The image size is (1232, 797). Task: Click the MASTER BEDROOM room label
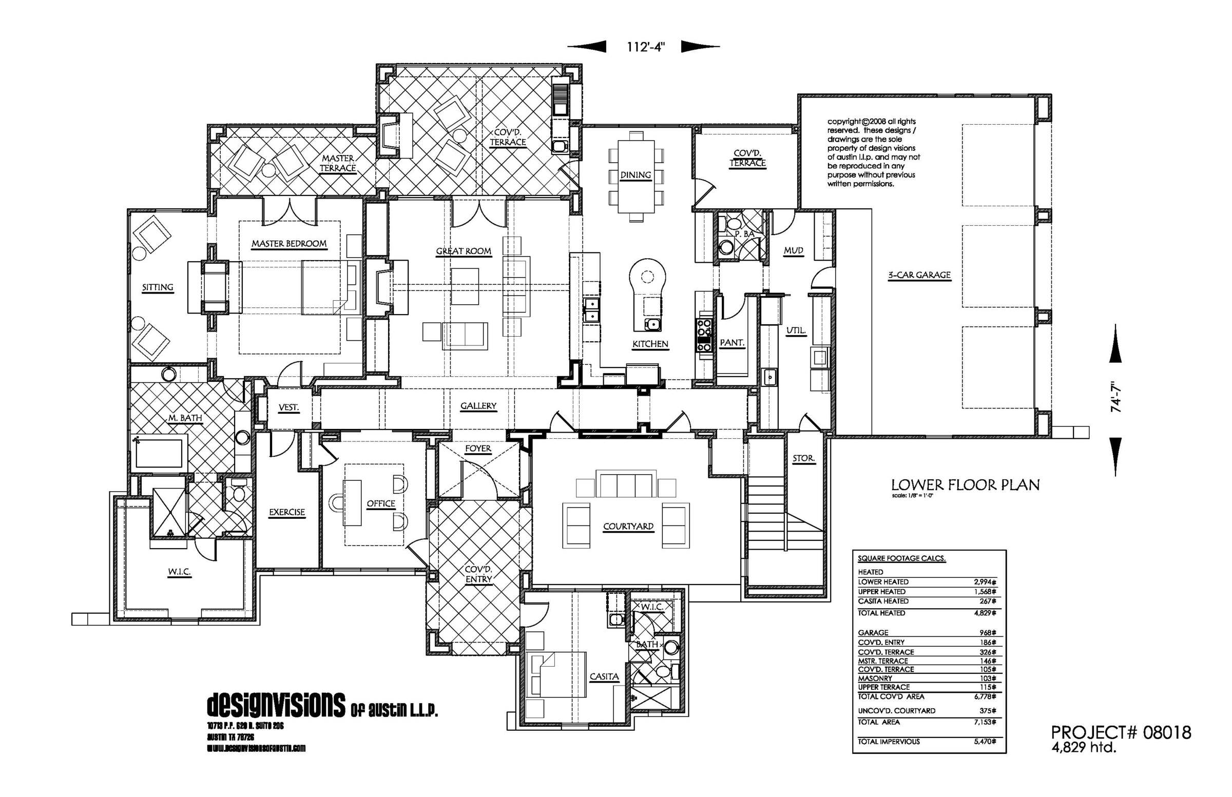[289, 243]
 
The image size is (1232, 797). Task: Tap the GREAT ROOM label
[464, 251]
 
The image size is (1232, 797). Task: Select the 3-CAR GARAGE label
[919, 275]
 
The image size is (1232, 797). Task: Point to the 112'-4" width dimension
[645, 47]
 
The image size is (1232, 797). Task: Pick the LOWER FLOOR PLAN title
[965, 485]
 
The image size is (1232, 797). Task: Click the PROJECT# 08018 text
[1121, 732]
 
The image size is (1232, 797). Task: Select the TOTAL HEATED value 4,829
[985, 613]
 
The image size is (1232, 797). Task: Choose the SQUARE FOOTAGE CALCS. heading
[901, 558]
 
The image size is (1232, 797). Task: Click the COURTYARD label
[628, 527]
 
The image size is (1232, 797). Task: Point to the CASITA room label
[604, 676]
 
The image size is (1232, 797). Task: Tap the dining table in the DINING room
[636, 176]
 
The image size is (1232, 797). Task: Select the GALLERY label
[478, 406]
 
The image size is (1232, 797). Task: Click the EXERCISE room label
[287, 512]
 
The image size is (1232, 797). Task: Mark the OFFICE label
[380, 503]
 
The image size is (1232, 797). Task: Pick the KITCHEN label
[650, 344]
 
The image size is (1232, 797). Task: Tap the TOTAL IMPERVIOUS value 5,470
[985, 742]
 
